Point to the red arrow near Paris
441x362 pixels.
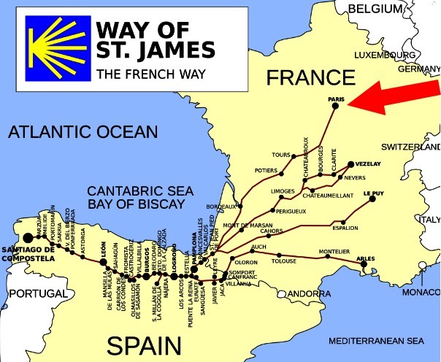[394, 95]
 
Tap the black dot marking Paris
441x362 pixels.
[335, 106]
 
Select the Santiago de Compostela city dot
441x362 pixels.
[28, 237]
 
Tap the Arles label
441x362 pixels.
[365, 258]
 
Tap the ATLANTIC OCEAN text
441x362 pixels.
[82, 132]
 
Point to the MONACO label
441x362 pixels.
[424, 292]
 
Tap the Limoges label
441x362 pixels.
[282, 190]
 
